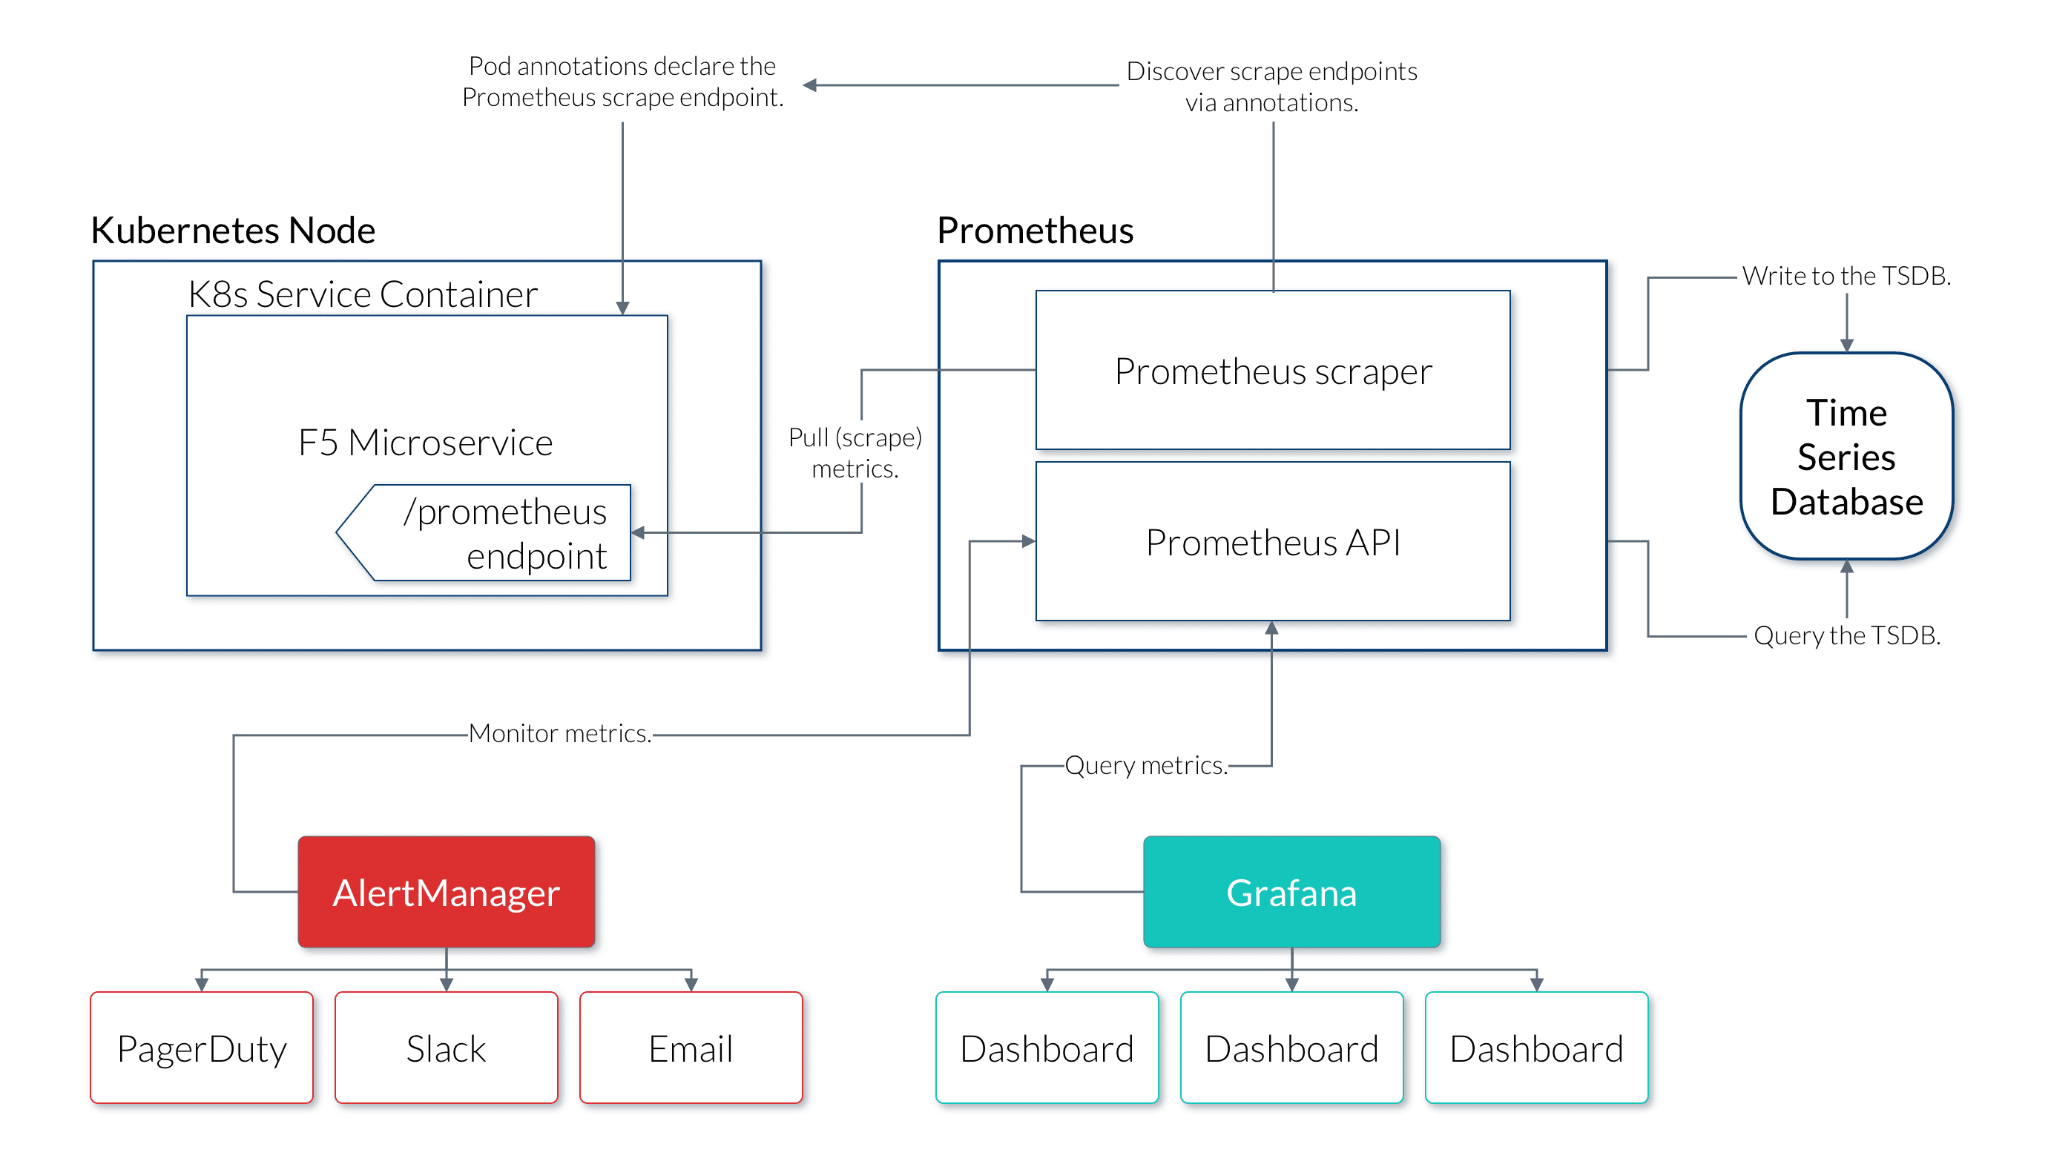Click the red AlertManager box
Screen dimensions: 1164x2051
(x=447, y=892)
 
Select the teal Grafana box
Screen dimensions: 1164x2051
(x=1291, y=892)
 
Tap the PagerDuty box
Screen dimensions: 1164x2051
(x=202, y=1048)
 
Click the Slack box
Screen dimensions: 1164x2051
(x=447, y=1048)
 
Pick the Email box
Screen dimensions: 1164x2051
(x=691, y=1048)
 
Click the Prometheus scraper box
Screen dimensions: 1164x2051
(x=1273, y=371)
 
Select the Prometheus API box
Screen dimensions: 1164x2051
(x=1273, y=542)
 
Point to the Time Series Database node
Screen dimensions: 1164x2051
(x=1846, y=457)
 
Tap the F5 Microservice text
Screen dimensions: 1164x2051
(x=425, y=442)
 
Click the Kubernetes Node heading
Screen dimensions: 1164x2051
(x=233, y=231)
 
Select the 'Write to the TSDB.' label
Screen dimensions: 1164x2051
(x=1845, y=277)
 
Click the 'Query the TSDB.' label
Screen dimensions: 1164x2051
(x=1848, y=635)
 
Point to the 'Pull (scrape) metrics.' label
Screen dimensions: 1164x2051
(x=855, y=452)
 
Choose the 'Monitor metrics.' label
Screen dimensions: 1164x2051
(x=560, y=733)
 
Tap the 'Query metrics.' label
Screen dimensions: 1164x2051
(x=1145, y=765)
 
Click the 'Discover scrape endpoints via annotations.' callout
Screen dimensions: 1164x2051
(x=1271, y=88)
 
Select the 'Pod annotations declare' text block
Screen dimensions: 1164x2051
(x=622, y=82)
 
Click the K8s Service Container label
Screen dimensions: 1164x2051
(x=362, y=294)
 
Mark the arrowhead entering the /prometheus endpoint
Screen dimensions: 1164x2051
(x=638, y=532)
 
